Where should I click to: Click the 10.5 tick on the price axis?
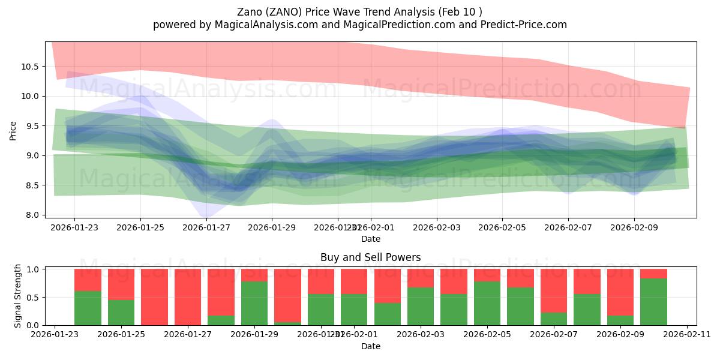[29, 66]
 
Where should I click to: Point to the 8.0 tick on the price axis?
[31, 215]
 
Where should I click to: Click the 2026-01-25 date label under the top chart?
[140, 228]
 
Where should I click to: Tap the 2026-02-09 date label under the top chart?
[634, 228]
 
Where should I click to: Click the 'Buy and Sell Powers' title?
[370, 257]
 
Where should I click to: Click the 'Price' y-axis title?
[13, 130]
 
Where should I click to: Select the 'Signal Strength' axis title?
[18, 296]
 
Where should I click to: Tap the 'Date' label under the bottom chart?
[370, 346]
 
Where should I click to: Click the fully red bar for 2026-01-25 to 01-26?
[154, 297]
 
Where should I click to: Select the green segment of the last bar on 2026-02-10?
[653, 302]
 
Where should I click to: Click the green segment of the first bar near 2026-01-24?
[88, 308]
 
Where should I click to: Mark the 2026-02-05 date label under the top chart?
[502, 228]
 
